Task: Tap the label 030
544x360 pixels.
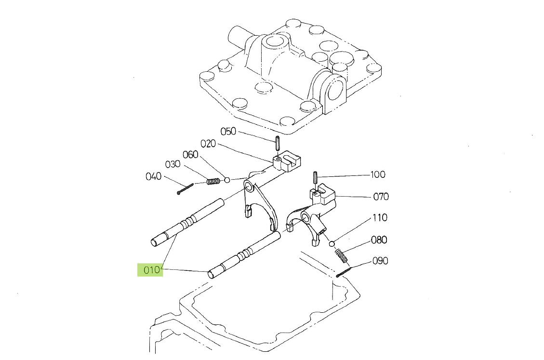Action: (172, 164)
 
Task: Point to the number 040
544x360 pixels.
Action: (153, 177)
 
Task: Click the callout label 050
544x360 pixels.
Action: (228, 132)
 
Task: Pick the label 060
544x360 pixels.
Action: (190, 154)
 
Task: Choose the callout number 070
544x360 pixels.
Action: (381, 197)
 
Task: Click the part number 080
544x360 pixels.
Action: (379, 240)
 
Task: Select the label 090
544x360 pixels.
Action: (380, 261)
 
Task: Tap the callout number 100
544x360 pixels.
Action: (378, 174)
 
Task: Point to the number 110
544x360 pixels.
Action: (380, 218)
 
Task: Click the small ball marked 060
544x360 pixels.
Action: (227, 180)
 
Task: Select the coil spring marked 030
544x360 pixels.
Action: (213, 182)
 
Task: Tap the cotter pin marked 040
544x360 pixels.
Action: (185, 189)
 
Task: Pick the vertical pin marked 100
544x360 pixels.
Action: (314, 178)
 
